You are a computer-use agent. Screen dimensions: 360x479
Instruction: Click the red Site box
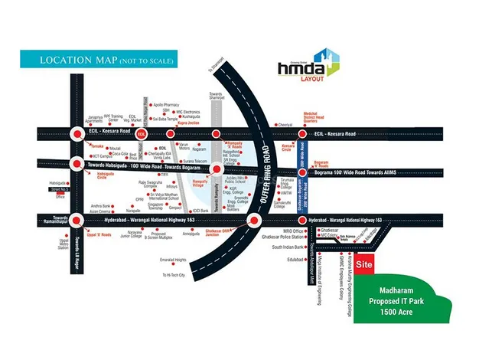pos(366,264)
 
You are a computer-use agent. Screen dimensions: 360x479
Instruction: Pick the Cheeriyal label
pos(286,124)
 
